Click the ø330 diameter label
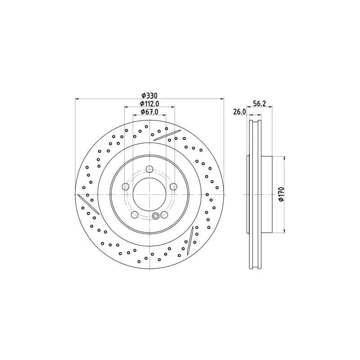(x=149, y=95)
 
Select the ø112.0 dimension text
(x=149, y=104)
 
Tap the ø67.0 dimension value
(x=149, y=112)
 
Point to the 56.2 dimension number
(x=259, y=103)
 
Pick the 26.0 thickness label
(x=239, y=112)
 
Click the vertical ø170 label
(x=282, y=194)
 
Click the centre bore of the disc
(x=149, y=194)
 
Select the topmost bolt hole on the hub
(x=149, y=169)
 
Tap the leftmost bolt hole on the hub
(x=126, y=187)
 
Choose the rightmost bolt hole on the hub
(x=174, y=187)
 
